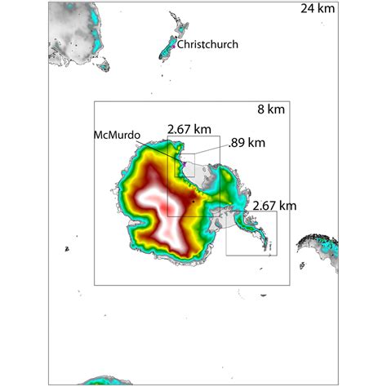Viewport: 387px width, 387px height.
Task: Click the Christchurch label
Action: click(x=208, y=44)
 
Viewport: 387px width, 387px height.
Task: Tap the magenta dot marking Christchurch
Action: click(x=172, y=47)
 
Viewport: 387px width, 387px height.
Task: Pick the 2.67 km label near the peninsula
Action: click(x=274, y=205)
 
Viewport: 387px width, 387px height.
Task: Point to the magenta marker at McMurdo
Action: click(x=185, y=163)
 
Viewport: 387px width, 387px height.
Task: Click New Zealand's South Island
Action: click(x=166, y=52)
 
